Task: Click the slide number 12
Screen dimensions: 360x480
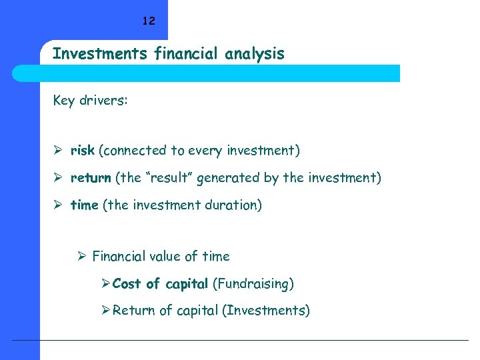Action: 148,21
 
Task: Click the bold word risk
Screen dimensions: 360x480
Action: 82,151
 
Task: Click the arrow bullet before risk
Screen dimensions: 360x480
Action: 58,151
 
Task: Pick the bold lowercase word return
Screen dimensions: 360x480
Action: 91,178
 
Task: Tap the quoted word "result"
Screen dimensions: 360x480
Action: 165,178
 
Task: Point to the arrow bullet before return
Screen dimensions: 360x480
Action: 58,178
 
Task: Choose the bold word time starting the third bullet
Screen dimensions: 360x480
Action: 84,205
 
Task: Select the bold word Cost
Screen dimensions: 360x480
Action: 127,284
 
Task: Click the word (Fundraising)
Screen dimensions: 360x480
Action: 253,284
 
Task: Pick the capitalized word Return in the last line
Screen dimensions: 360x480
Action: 133,311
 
